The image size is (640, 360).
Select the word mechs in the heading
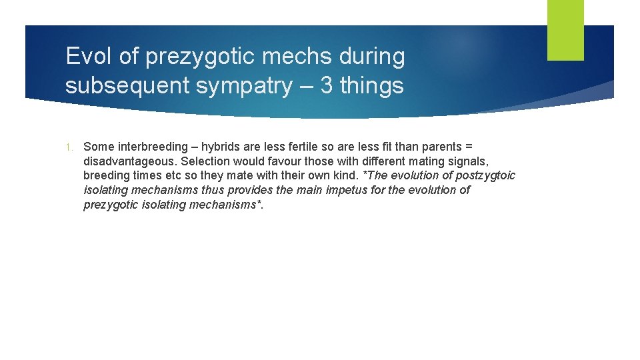pyautogui.click(x=300, y=57)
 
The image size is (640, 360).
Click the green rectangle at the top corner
pyautogui.click(x=565, y=30)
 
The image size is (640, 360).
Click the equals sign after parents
pyautogui.click(x=469, y=147)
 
